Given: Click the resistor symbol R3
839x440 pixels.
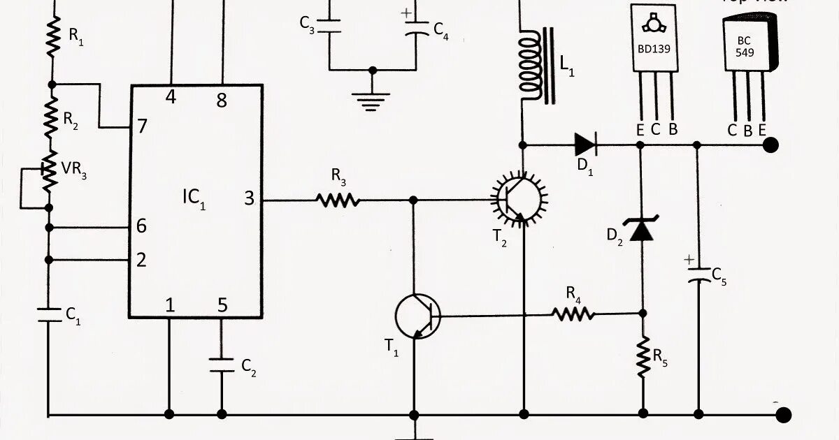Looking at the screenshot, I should [338, 200].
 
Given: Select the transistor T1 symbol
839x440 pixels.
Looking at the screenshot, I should [417, 316].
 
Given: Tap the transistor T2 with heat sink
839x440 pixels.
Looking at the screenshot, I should [518, 198].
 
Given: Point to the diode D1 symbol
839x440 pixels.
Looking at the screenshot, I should [585, 145].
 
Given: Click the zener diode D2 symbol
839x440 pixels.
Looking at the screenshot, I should [642, 229].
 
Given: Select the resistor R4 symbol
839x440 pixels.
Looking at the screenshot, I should [574, 314].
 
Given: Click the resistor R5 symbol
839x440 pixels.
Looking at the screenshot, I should [643, 358].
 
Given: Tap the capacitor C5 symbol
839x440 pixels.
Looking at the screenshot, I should [697, 275].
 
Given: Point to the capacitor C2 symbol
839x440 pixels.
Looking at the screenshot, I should [222, 365].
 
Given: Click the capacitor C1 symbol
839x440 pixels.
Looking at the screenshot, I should [49, 313].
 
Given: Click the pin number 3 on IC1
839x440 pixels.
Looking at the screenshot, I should [249, 199].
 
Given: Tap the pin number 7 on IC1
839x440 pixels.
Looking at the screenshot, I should [142, 126].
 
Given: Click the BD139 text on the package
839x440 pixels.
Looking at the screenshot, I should [655, 50].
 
